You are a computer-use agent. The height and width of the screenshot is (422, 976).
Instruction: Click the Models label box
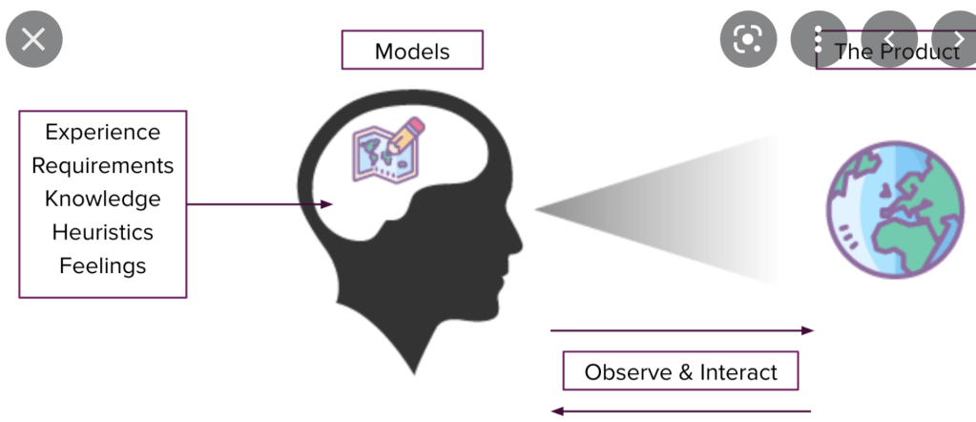pyautogui.click(x=412, y=50)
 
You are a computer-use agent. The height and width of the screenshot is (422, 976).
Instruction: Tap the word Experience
pyautogui.click(x=103, y=132)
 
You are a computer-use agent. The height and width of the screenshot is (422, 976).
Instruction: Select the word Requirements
pyautogui.click(x=103, y=165)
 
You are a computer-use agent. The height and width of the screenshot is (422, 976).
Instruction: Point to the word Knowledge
pyautogui.click(x=103, y=199)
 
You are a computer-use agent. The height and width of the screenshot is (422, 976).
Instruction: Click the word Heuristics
pyautogui.click(x=103, y=232)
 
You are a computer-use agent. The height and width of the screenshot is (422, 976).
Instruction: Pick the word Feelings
pyautogui.click(x=103, y=265)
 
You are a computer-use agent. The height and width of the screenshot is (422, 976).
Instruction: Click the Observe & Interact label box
pyautogui.click(x=680, y=371)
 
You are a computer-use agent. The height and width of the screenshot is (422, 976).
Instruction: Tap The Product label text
pyautogui.click(x=897, y=52)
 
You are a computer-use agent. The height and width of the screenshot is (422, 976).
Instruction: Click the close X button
pyautogui.click(x=33, y=39)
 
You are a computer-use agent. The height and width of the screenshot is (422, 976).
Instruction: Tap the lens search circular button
pyautogui.click(x=749, y=39)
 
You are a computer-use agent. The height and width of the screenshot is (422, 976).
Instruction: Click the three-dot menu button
pyautogui.click(x=819, y=39)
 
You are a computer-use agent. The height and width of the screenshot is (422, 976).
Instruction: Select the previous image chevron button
pyautogui.click(x=890, y=39)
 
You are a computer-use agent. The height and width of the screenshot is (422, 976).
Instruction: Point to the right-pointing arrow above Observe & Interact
pyautogui.click(x=681, y=330)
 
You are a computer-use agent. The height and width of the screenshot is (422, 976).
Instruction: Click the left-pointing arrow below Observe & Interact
pyautogui.click(x=681, y=411)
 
